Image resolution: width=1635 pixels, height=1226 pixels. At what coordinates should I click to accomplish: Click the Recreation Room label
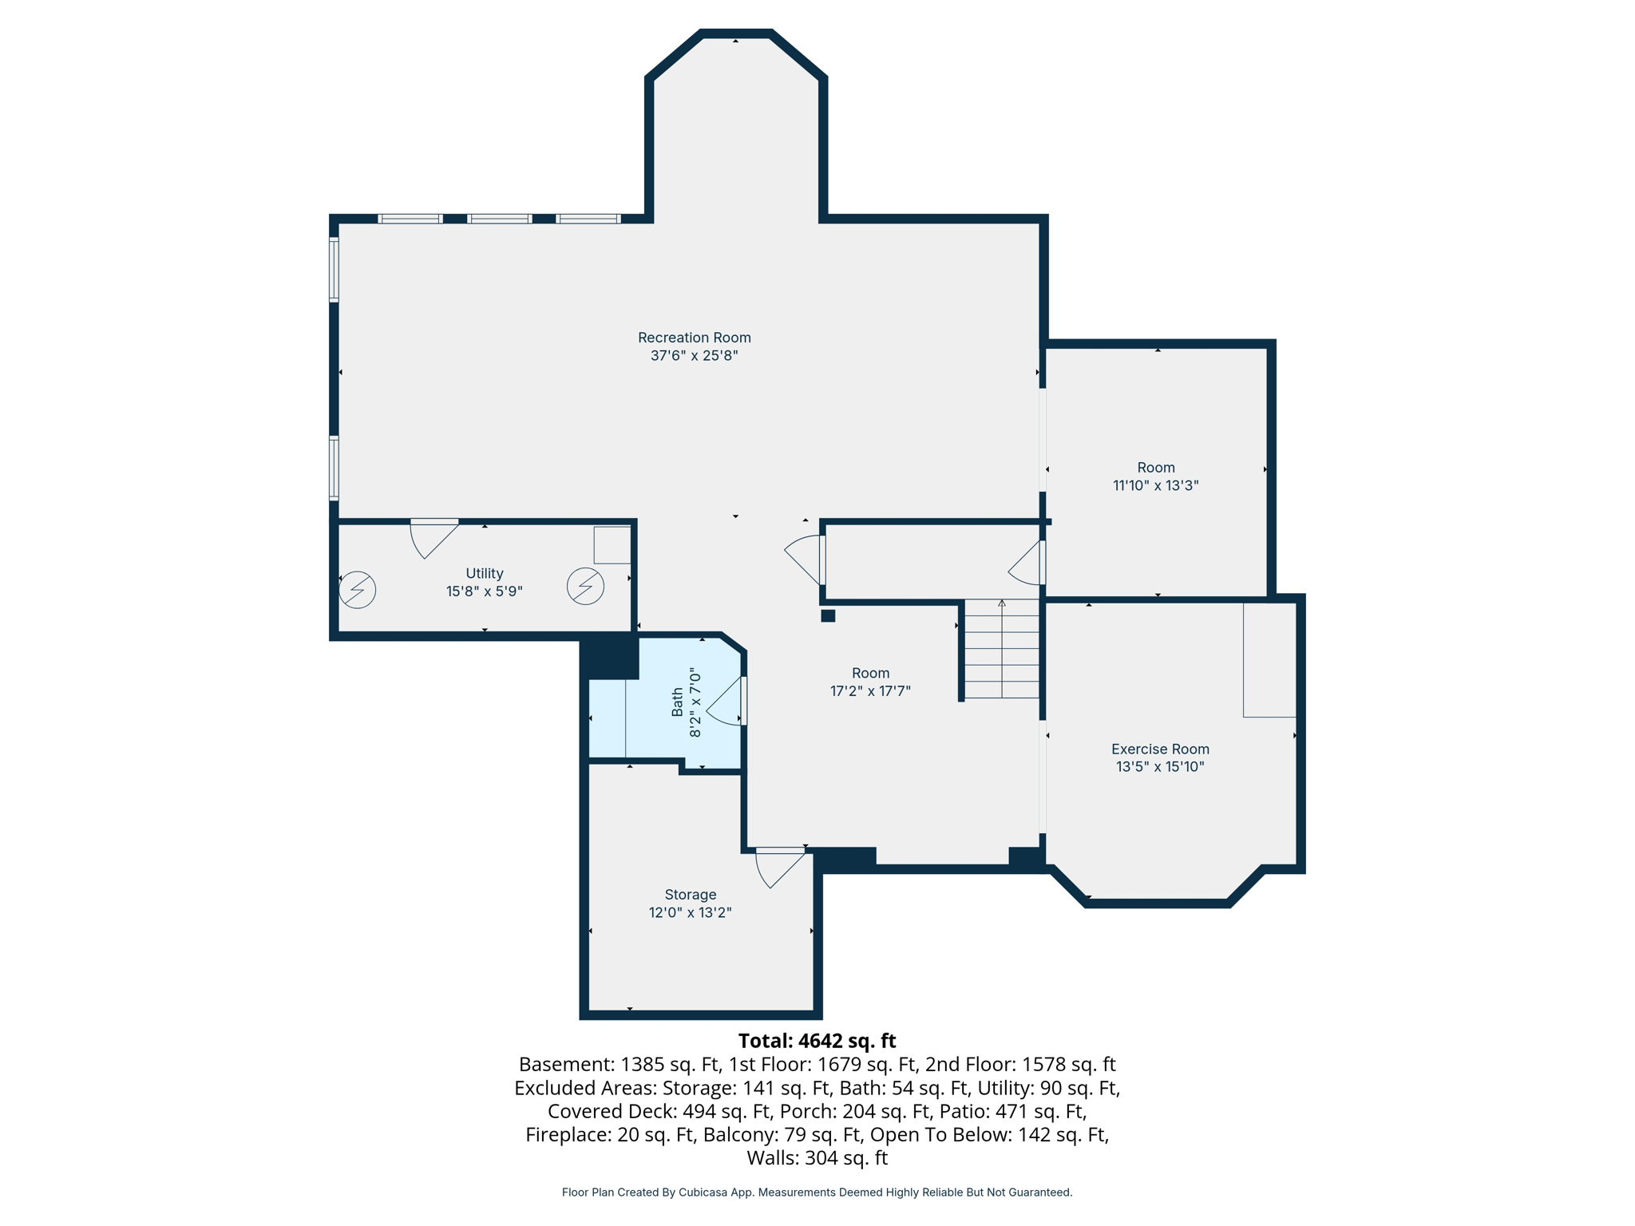tap(694, 338)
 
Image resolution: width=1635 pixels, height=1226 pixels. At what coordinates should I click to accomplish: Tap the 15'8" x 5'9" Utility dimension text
tap(484, 591)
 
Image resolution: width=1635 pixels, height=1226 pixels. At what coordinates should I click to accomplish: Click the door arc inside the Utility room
tap(431, 540)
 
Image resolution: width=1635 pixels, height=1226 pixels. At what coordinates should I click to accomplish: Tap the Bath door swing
tap(725, 702)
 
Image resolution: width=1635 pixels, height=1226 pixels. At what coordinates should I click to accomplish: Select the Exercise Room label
tap(1159, 749)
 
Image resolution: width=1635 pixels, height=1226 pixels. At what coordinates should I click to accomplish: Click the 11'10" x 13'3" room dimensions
tap(1155, 485)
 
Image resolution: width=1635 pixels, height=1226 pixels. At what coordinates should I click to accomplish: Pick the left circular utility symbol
tap(357, 590)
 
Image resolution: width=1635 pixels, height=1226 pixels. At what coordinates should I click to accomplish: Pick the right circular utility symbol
tap(585, 586)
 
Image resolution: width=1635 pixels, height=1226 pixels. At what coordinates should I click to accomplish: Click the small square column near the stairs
tap(828, 615)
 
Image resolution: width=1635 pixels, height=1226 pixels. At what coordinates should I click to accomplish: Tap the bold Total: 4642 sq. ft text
tap(817, 1041)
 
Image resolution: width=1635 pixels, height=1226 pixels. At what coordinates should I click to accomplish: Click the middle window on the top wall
tap(499, 219)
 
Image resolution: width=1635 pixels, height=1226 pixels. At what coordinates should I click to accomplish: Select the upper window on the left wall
tap(335, 270)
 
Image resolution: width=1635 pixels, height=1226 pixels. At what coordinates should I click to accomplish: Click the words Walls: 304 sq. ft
tap(817, 1157)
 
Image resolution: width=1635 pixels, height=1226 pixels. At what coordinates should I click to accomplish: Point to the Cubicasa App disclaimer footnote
tap(817, 1192)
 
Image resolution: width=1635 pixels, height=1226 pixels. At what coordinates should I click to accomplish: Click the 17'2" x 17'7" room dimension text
tap(870, 691)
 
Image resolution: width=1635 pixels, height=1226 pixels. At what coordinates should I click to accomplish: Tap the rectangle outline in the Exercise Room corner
tap(1269, 659)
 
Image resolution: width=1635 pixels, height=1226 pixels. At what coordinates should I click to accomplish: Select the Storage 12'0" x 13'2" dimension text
tap(690, 912)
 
